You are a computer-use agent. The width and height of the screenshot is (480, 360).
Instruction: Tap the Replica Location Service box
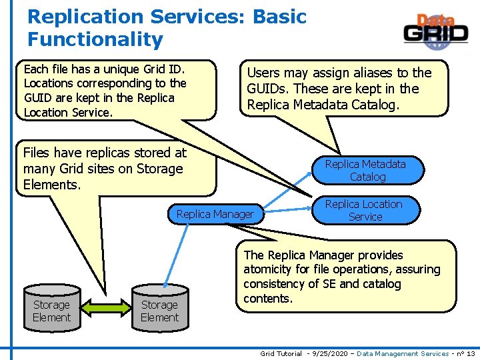[364, 210]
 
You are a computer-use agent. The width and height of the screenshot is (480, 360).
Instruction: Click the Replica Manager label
[215, 214]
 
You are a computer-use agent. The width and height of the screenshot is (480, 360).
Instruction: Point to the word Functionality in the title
[95, 39]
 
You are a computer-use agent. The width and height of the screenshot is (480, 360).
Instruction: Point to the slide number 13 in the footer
[471, 353]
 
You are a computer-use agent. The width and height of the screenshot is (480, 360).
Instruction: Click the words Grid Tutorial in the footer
[281, 353]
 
